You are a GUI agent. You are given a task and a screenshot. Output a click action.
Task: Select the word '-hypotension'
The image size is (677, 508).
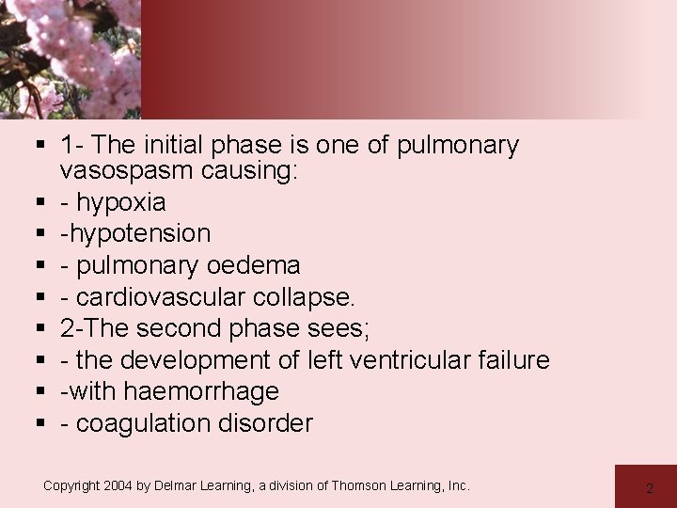135,232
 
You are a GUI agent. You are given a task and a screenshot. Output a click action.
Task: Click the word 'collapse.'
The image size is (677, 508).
307,297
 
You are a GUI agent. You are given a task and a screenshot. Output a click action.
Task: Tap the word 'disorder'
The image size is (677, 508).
271,423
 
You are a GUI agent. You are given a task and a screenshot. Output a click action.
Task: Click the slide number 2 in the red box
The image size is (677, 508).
650,488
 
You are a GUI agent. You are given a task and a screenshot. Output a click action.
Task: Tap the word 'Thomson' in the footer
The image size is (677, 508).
366,485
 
